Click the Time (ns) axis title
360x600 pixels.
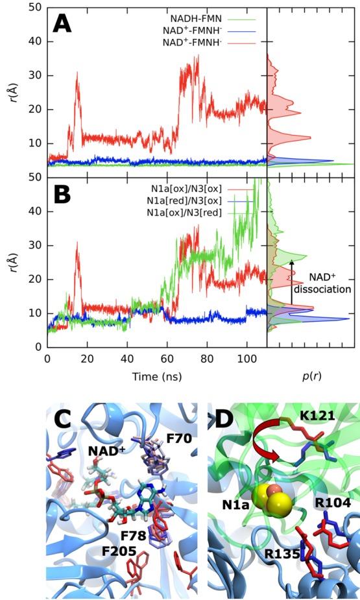click(x=156, y=376)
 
